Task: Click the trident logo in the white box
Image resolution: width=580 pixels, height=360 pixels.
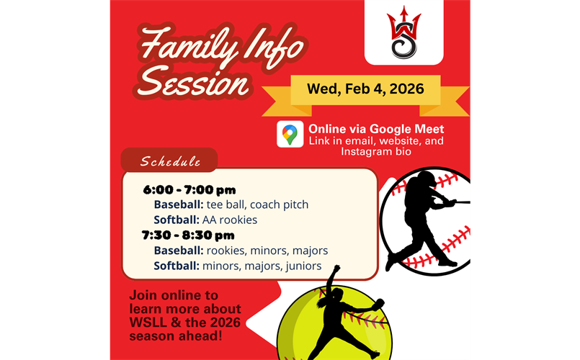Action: point(403,34)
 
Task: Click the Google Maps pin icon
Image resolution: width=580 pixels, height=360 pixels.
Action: point(290,135)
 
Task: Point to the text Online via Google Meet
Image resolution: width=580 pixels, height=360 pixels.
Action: point(376,129)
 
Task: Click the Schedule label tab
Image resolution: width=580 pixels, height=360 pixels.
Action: point(170,161)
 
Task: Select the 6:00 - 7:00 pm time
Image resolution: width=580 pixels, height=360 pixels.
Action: point(189,190)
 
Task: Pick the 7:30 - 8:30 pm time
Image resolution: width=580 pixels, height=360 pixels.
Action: point(189,235)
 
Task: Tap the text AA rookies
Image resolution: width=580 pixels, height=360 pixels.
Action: point(229,220)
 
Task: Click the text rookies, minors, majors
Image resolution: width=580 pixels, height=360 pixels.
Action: point(267,251)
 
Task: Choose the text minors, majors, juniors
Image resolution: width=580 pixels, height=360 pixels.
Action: point(262,266)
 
